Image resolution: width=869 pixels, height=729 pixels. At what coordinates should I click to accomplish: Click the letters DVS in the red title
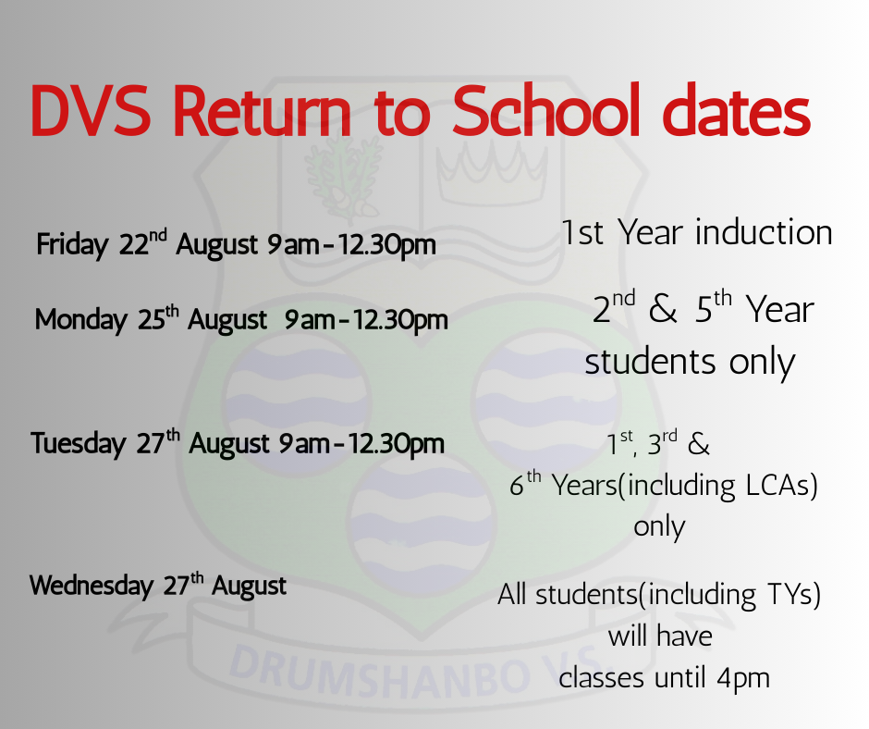point(91,111)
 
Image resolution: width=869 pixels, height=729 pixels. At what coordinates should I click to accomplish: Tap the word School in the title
point(545,110)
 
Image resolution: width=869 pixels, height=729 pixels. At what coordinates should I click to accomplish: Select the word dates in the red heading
point(737,110)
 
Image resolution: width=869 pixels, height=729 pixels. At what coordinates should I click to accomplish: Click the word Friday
point(73,245)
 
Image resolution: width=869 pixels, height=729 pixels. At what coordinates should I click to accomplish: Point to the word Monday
point(81,320)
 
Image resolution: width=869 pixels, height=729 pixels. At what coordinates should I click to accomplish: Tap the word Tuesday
point(79,444)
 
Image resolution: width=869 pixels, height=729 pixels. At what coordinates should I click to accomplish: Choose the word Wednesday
point(92,586)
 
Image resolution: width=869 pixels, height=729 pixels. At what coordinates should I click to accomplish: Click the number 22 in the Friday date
point(134,244)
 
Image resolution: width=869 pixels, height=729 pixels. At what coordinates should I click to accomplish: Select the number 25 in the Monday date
point(152,320)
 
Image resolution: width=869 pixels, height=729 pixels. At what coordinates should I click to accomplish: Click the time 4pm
point(743,678)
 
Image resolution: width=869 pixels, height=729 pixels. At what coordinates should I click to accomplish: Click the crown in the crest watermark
point(492,172)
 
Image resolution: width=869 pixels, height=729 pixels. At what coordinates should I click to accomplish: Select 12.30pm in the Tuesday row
point(396,444)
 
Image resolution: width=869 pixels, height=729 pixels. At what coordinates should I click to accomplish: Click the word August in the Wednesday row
point(249,587)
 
